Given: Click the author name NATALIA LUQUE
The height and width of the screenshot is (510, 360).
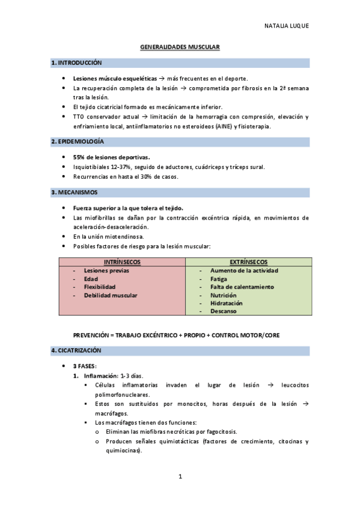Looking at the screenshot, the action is pyautogui.click(x=287, y=26).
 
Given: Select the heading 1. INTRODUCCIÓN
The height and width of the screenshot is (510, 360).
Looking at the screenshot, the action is pyautogui.click(x=76, y=63).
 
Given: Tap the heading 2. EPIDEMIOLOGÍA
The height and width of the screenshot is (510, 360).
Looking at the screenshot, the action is pyautogui.click(x=78, y=141).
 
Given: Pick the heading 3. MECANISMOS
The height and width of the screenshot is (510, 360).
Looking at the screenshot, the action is pyautogui.click(x=75, y=192).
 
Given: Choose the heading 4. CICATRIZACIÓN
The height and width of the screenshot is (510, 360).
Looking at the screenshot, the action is pyautogui.click(x=76, y=349).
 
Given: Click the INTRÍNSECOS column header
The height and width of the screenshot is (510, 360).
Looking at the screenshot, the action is pyautogui.click(x=122, y=262).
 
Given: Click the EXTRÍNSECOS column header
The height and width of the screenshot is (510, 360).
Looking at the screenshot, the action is pyautogui.click(x=249, y=262).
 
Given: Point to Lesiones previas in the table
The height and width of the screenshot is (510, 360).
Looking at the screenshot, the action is pyautogui.click(x=106, y=271).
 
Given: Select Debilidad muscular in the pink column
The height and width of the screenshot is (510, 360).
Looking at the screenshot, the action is pyautogui.click(x=111, y=295).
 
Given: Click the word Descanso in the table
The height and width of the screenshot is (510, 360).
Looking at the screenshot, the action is pyautogui.click(x=223, y=312).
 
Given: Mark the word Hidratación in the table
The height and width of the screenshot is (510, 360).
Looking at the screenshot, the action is pyautogui.click(x=227, y=303).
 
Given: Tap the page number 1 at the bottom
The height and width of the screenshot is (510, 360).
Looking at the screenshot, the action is pyautogui.click(x=180, y=477).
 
